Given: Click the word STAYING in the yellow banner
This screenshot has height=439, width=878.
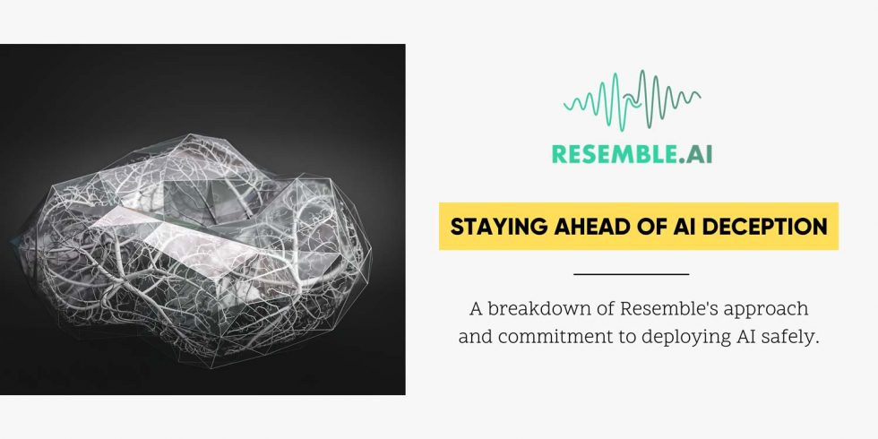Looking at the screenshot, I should (x=491, y=227).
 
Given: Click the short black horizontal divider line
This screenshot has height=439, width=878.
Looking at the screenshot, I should (x=631, y=273).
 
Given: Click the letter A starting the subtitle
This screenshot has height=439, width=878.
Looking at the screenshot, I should (x=476, y=309).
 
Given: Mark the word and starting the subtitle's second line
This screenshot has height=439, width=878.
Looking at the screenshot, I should (x=475, y=337).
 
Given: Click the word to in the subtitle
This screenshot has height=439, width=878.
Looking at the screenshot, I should (x=626, y=337).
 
